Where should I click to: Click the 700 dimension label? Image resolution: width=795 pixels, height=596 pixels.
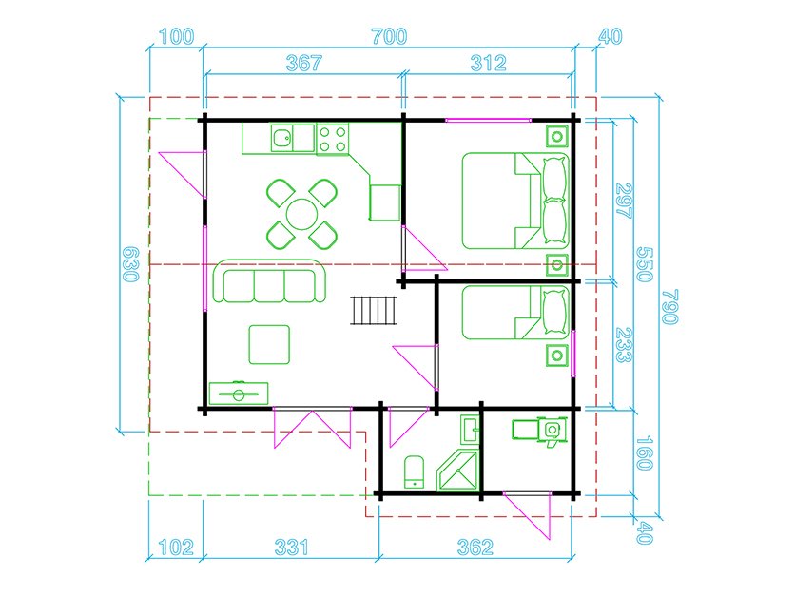click(389, 36)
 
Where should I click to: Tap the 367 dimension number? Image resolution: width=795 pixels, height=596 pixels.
click(303, 63)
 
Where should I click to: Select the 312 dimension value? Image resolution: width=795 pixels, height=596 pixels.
click(488, 63)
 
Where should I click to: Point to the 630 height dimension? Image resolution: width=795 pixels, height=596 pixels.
click(131, 264)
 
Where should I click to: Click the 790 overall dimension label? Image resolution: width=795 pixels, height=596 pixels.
click(670, 307)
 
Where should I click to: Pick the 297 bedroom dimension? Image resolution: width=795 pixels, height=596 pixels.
click(623, 201)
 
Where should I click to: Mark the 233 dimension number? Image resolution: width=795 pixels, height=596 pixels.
click(623, 345)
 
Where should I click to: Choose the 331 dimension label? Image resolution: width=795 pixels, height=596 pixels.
click(292, 548)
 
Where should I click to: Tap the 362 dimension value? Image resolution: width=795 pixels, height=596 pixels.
click(475, 548)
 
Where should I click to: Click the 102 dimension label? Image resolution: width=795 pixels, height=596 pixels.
click(176, 548)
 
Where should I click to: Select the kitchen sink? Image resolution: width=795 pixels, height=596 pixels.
click(281, 138)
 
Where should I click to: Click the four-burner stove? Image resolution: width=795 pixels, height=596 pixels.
click(333, 140)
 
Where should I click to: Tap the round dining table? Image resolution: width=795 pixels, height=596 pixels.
click(301, 215)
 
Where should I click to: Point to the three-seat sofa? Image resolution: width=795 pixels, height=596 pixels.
click(269, 281)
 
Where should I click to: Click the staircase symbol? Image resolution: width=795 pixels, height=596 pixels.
click(373, 310)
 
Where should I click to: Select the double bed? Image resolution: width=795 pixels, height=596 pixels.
click(515, 201)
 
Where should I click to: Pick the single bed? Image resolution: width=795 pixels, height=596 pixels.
click(515, 312)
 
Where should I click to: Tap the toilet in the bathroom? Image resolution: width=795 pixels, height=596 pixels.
click(415, 471)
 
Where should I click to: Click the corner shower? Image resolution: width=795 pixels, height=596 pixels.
click(457, 471)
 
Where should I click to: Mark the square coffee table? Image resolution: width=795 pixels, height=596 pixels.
click(269, 345)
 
